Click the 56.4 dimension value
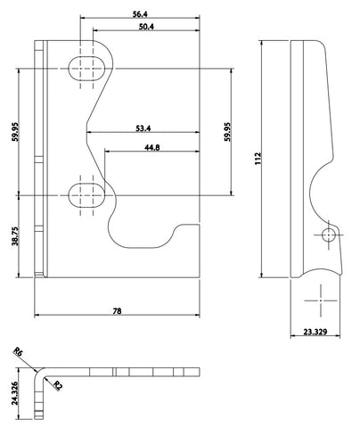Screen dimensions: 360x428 141,14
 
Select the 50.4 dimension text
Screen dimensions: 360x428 146,27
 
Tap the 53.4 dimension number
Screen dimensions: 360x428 143,128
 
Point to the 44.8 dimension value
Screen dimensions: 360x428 152,147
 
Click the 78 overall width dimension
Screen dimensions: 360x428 118,311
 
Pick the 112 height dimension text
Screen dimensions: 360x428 258,159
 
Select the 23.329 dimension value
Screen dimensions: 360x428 315,332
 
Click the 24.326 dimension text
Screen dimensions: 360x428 15,393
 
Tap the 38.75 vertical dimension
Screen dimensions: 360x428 15,236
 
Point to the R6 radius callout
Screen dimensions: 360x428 18,352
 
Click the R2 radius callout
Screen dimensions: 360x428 58,385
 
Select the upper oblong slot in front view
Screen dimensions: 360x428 86,69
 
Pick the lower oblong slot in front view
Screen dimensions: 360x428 86,195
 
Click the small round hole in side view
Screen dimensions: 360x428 329,235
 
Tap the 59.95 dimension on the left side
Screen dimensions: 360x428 15,131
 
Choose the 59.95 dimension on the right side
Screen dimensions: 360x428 227,131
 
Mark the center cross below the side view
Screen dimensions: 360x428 321,300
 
